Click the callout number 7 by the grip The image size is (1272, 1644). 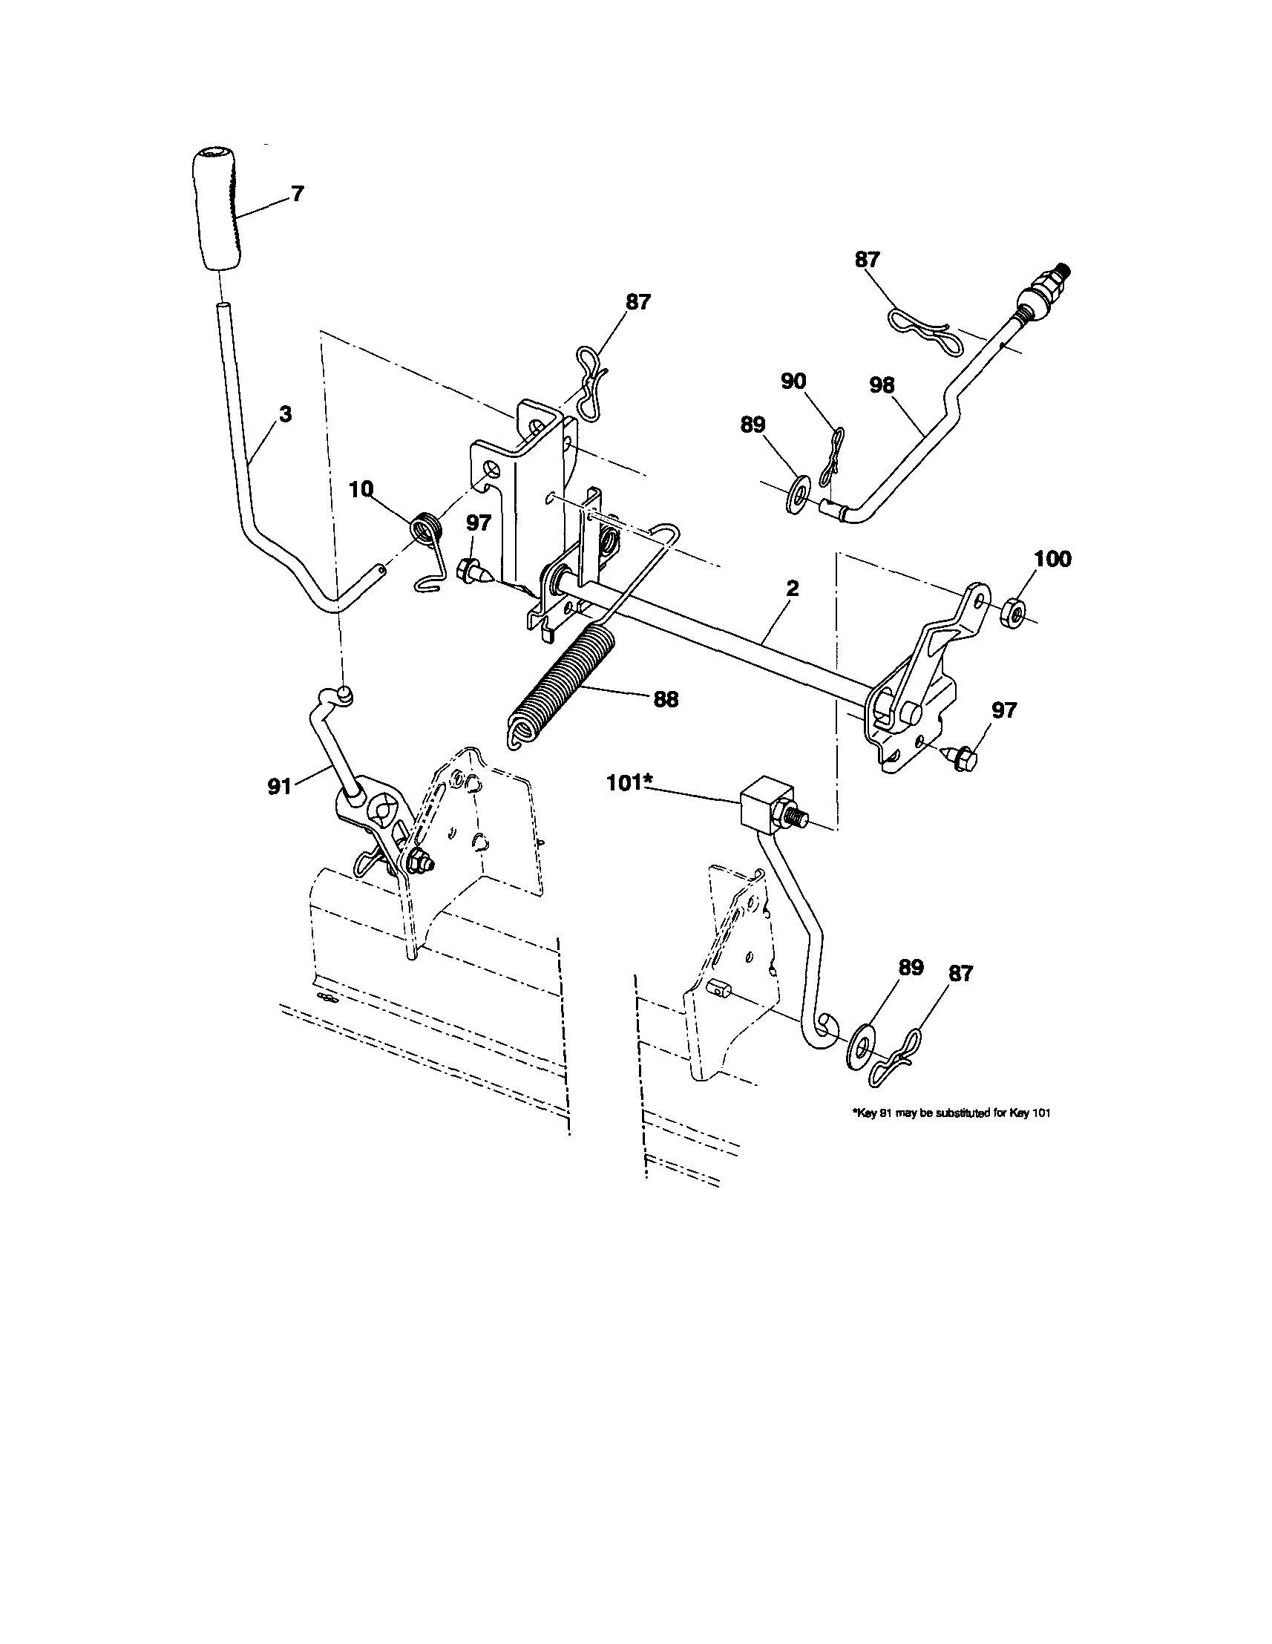298,194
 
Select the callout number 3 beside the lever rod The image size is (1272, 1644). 286,414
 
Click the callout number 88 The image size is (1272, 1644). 666,699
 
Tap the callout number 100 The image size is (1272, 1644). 1052,560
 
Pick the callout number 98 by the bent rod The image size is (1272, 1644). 882,385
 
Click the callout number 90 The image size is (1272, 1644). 793,382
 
